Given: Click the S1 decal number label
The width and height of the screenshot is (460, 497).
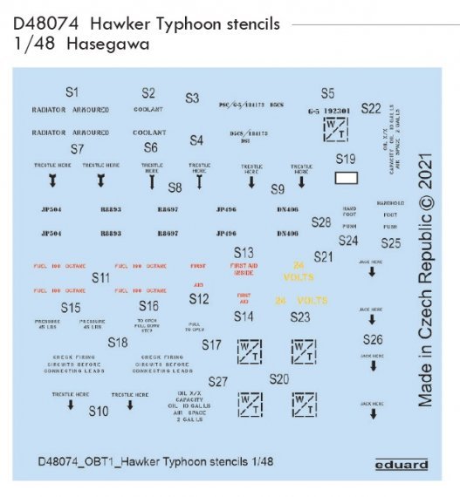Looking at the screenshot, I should [x=72, y=92].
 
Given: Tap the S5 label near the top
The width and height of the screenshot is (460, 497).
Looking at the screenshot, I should [x=327, y=93].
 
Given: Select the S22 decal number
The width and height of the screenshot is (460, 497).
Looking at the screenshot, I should [x=370, y=109].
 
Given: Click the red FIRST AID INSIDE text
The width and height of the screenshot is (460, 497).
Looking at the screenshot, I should [x=244, y=270].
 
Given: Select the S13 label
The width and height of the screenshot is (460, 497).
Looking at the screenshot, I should [x=244, y=252].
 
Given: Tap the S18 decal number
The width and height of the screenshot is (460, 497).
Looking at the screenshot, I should [x=118, y=343].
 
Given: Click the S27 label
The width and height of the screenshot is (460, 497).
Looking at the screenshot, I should [x=218, y=382].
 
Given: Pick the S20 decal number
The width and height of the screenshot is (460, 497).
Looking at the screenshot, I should [x=279, y=379].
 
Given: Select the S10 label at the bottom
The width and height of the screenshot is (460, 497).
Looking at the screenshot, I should [x=99, y=411].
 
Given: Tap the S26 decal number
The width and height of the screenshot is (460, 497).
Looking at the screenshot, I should [x=373, y=340].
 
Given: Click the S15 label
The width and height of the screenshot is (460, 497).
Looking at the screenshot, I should [x=71, y=308].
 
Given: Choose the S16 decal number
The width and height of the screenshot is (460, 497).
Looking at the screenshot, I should [x=148, y=306].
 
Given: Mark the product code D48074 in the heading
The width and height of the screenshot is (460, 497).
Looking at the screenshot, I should [x=41, y=24].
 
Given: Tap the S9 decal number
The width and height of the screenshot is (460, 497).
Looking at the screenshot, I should [x=278, y=189].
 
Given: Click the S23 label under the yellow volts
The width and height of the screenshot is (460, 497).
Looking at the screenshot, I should [x=299, y=317].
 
